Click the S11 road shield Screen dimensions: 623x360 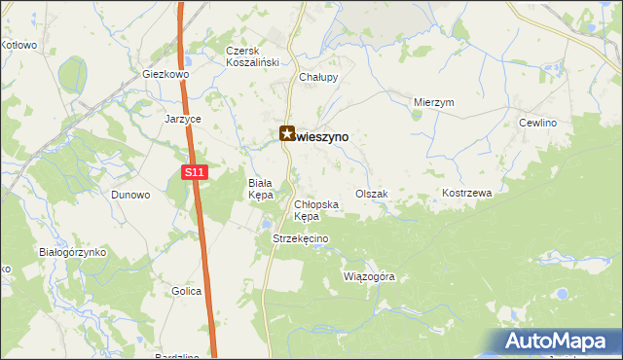(x=195, y=172)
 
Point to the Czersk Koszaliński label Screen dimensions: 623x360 (x=252, y=56)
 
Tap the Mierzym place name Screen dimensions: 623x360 (x=434, y=102)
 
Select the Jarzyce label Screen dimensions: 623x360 (x=182, y=119)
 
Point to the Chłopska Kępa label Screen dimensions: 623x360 (x=316, y=210)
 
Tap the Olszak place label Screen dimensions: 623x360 (x=372, y=194)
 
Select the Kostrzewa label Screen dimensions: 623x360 (x=467, y=194)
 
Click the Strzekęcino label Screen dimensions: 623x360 (x=302, y=239)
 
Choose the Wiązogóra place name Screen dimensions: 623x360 (x=370, y=276)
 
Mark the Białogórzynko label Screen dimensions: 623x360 (x=72, y=252)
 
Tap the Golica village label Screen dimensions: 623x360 (x=186, y=291)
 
